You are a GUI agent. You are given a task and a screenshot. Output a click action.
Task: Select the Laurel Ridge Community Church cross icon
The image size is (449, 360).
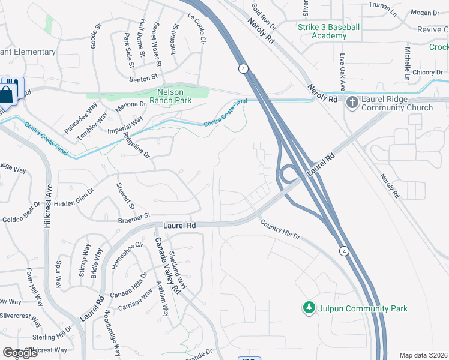(x=352, y=104)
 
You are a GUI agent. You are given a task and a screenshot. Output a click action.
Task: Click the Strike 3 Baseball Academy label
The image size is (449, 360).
(x=328, y=31)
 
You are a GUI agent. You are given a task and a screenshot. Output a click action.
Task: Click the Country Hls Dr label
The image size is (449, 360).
(x=280, y=230)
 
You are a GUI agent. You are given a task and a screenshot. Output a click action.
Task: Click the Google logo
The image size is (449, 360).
(x=20, y=352)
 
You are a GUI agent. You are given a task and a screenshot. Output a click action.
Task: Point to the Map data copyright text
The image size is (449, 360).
(x=424, y=355)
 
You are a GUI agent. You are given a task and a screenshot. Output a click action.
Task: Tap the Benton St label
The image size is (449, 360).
(x=143, y=77)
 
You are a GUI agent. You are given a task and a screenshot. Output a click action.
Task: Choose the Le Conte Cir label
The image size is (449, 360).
(x=197, y=29)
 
